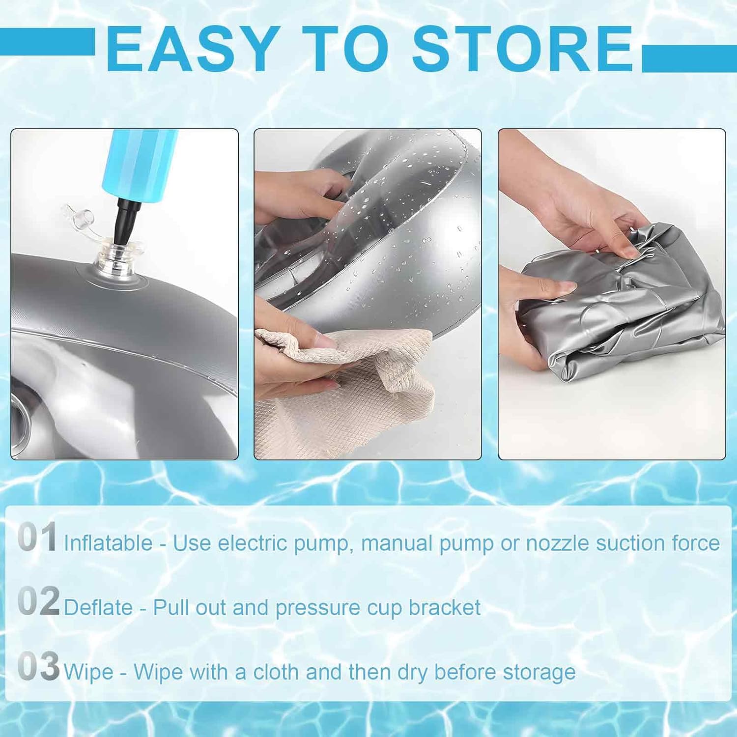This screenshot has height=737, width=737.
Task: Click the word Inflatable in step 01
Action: coord(108,543)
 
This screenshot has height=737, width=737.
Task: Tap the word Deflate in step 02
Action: coord(98,608)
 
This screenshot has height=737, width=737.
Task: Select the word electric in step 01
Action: coord(253,543)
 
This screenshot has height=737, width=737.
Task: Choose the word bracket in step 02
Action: coord(445,608)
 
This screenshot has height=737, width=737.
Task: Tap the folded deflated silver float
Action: coord(622,314)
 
